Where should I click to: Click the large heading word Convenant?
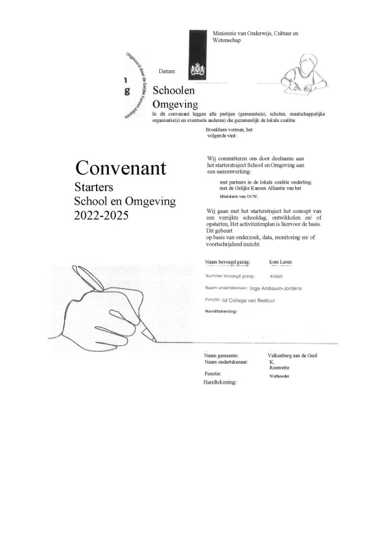pyautogui.click(x=121, y=168)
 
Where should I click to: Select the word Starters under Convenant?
pyautogui.click(x=94, y=187)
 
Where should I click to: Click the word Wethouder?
pyautogui.click(x=279, y=376)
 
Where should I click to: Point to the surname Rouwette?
pyautogui.click(x=279, y=367)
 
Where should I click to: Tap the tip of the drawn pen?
pyautogui.click(x=156, y=340)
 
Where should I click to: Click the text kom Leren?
pyautogui.click(x=281, y=262)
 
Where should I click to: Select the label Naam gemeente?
pyautogui.click(x=221, y=355)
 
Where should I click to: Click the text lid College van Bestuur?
pyautogui.click(x=248, y=299)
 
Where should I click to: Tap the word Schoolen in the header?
pyautogui.click(x=174, y=90)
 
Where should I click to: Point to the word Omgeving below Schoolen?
pyautogui.click(x=175, y=104)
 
